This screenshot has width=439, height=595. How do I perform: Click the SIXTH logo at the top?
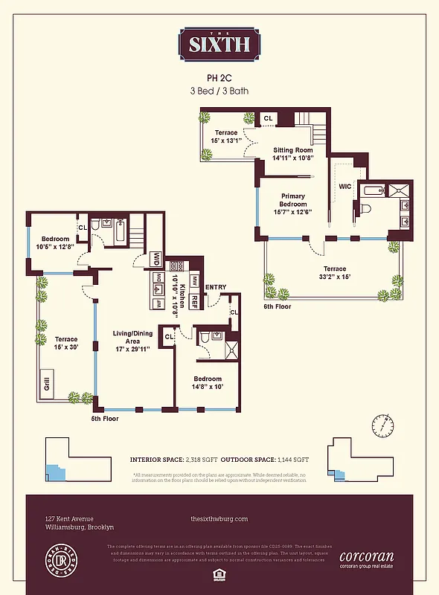pos(219,44)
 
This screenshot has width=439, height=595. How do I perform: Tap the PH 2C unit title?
pos(219,77)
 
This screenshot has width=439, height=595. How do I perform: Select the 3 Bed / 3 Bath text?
pos(219,91)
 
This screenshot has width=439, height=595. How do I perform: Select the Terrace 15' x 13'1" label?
pos(226,136)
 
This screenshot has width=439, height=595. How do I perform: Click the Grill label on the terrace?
pos(45,385)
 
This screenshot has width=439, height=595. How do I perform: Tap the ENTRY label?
pos(216,286)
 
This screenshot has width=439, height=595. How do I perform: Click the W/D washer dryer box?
pos(157,260)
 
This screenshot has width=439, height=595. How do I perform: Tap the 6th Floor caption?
pos(278,306)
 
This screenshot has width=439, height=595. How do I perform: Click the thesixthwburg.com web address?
pos(219,518)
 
